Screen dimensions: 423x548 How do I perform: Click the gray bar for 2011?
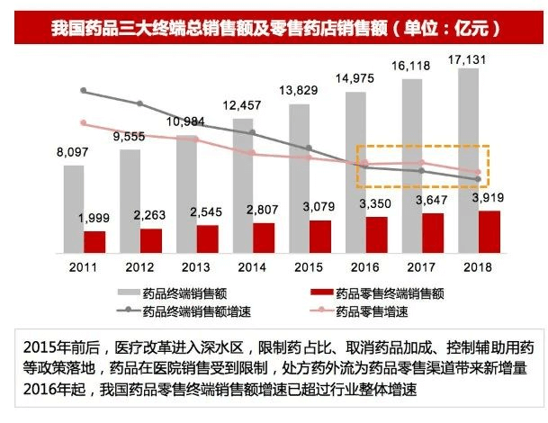(74, 208)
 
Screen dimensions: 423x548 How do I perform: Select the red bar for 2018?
(490, 231)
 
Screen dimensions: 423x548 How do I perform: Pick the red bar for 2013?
(207, 238)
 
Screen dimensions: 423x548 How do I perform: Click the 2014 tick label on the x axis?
(252, 267)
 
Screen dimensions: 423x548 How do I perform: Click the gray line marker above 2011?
(84, 90)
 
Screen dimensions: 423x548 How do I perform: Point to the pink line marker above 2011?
(84, 123)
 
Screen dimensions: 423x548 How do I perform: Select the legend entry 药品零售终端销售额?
(391, 293)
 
